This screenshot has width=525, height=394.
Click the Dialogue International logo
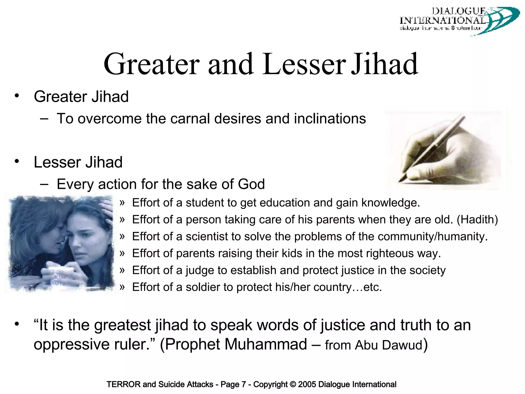tap(459, 21)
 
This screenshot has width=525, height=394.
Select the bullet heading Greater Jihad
tap(81, 97)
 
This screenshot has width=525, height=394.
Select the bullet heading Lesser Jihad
tap(78, 162)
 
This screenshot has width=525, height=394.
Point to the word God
tap(251, 184)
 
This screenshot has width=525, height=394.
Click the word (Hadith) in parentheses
tap(477, 220)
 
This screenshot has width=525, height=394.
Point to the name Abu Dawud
tap(388, 345)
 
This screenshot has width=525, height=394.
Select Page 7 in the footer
tap(233, 384)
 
